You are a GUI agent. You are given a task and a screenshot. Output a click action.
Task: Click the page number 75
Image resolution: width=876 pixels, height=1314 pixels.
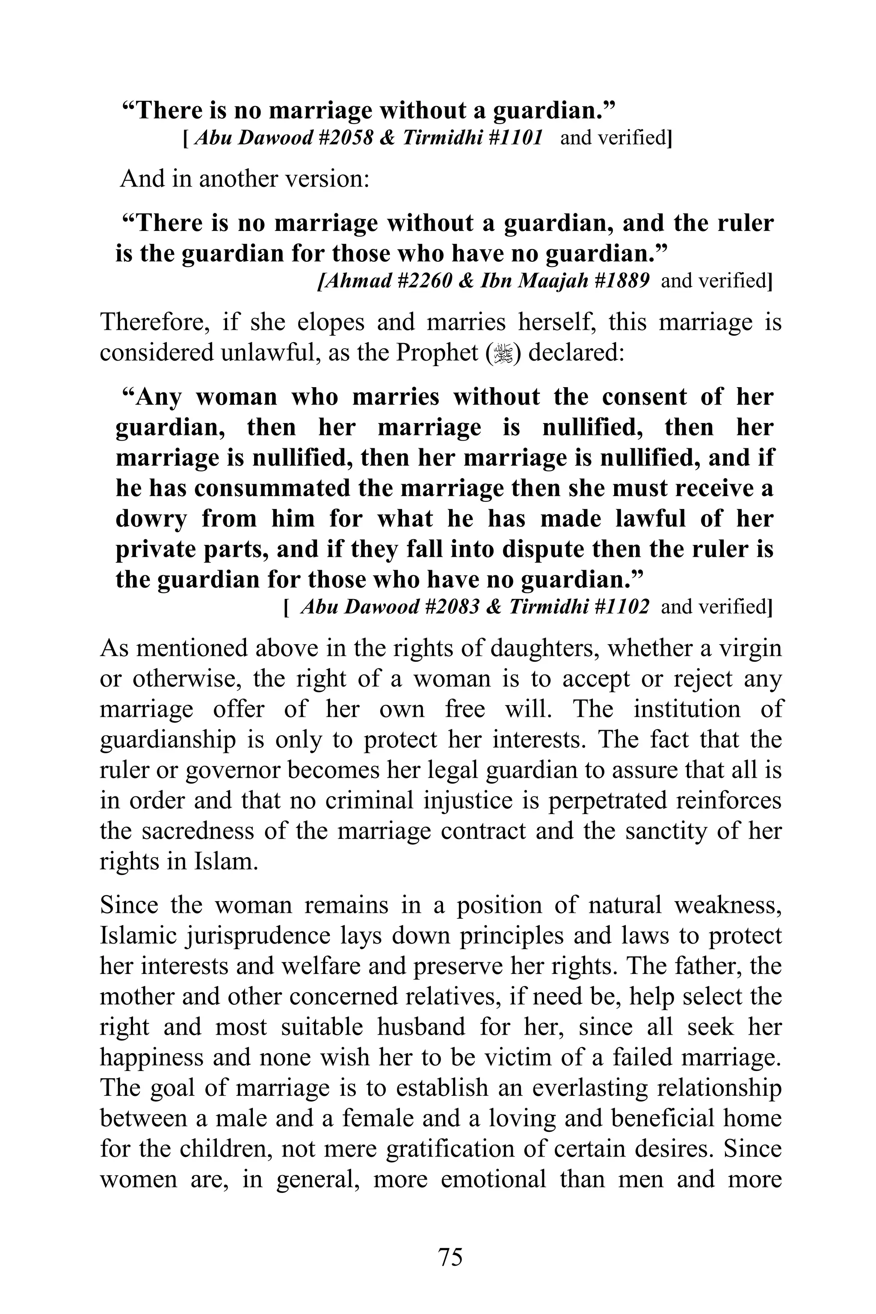click(450, 1256)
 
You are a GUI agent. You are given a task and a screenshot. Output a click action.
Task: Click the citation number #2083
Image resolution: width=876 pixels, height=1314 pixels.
click(451, 607)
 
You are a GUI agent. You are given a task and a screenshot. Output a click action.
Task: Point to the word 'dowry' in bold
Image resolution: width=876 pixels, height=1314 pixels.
click(150, 519)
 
